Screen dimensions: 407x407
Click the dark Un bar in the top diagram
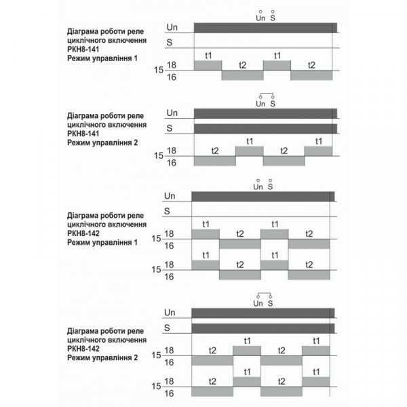pos(265,27)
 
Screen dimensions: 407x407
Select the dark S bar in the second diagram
pos(265,128)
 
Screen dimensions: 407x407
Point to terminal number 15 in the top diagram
pos(158,69)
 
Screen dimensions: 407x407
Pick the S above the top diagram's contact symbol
pos(273,18)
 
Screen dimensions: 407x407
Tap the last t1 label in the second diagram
pos(318,140)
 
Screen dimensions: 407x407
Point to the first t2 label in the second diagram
pos(215,150)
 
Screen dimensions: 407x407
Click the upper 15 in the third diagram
pos(157,239)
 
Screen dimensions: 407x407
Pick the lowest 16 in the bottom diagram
pos(170,393)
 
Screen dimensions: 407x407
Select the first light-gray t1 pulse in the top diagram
pos(208,64)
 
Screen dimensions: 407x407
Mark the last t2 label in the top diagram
pos(311,64)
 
